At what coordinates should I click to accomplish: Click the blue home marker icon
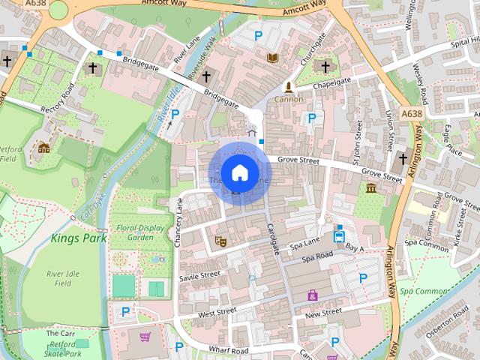point(239,173)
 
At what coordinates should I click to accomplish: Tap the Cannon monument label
point(289,99)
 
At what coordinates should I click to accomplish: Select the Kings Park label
point(79,238)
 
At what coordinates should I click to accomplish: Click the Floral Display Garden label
point(130,231)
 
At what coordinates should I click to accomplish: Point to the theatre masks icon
point(220,241)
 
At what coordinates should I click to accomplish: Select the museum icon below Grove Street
point(371,187)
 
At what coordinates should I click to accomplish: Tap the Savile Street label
point(199,276)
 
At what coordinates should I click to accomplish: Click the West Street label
point(217,312)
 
